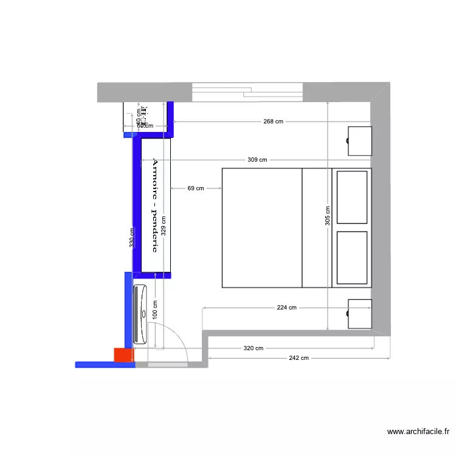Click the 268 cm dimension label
pyautogui.click(x=273, y=122)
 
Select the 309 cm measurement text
pyautogui.click(x=257, y=160)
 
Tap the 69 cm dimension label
pyautogui.click(x=195, y=189)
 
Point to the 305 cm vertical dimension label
pyautogui.click(x=327, y=216)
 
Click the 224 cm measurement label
pyautogui.click(x=286, y=308)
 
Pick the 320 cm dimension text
pyautogui.click(x=254, y=348)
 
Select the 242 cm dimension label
pyautogui.click(x=299, y=358)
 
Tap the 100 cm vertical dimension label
pyautogui.click(x=156, y=312)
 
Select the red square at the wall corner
pyautogui.click(x=123, y=355)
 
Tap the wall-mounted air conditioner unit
pyautogui.click(x=140, y=314)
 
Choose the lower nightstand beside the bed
pyautogui.click(x=359, y=314)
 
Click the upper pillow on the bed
pyautogui.click(x=352, y=198)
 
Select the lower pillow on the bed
pyautogui.click(x=352, y=258)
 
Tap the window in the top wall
pyautogui.click(x=247, y=92)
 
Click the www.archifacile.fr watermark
pyautogui.click(x=418, y=432)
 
